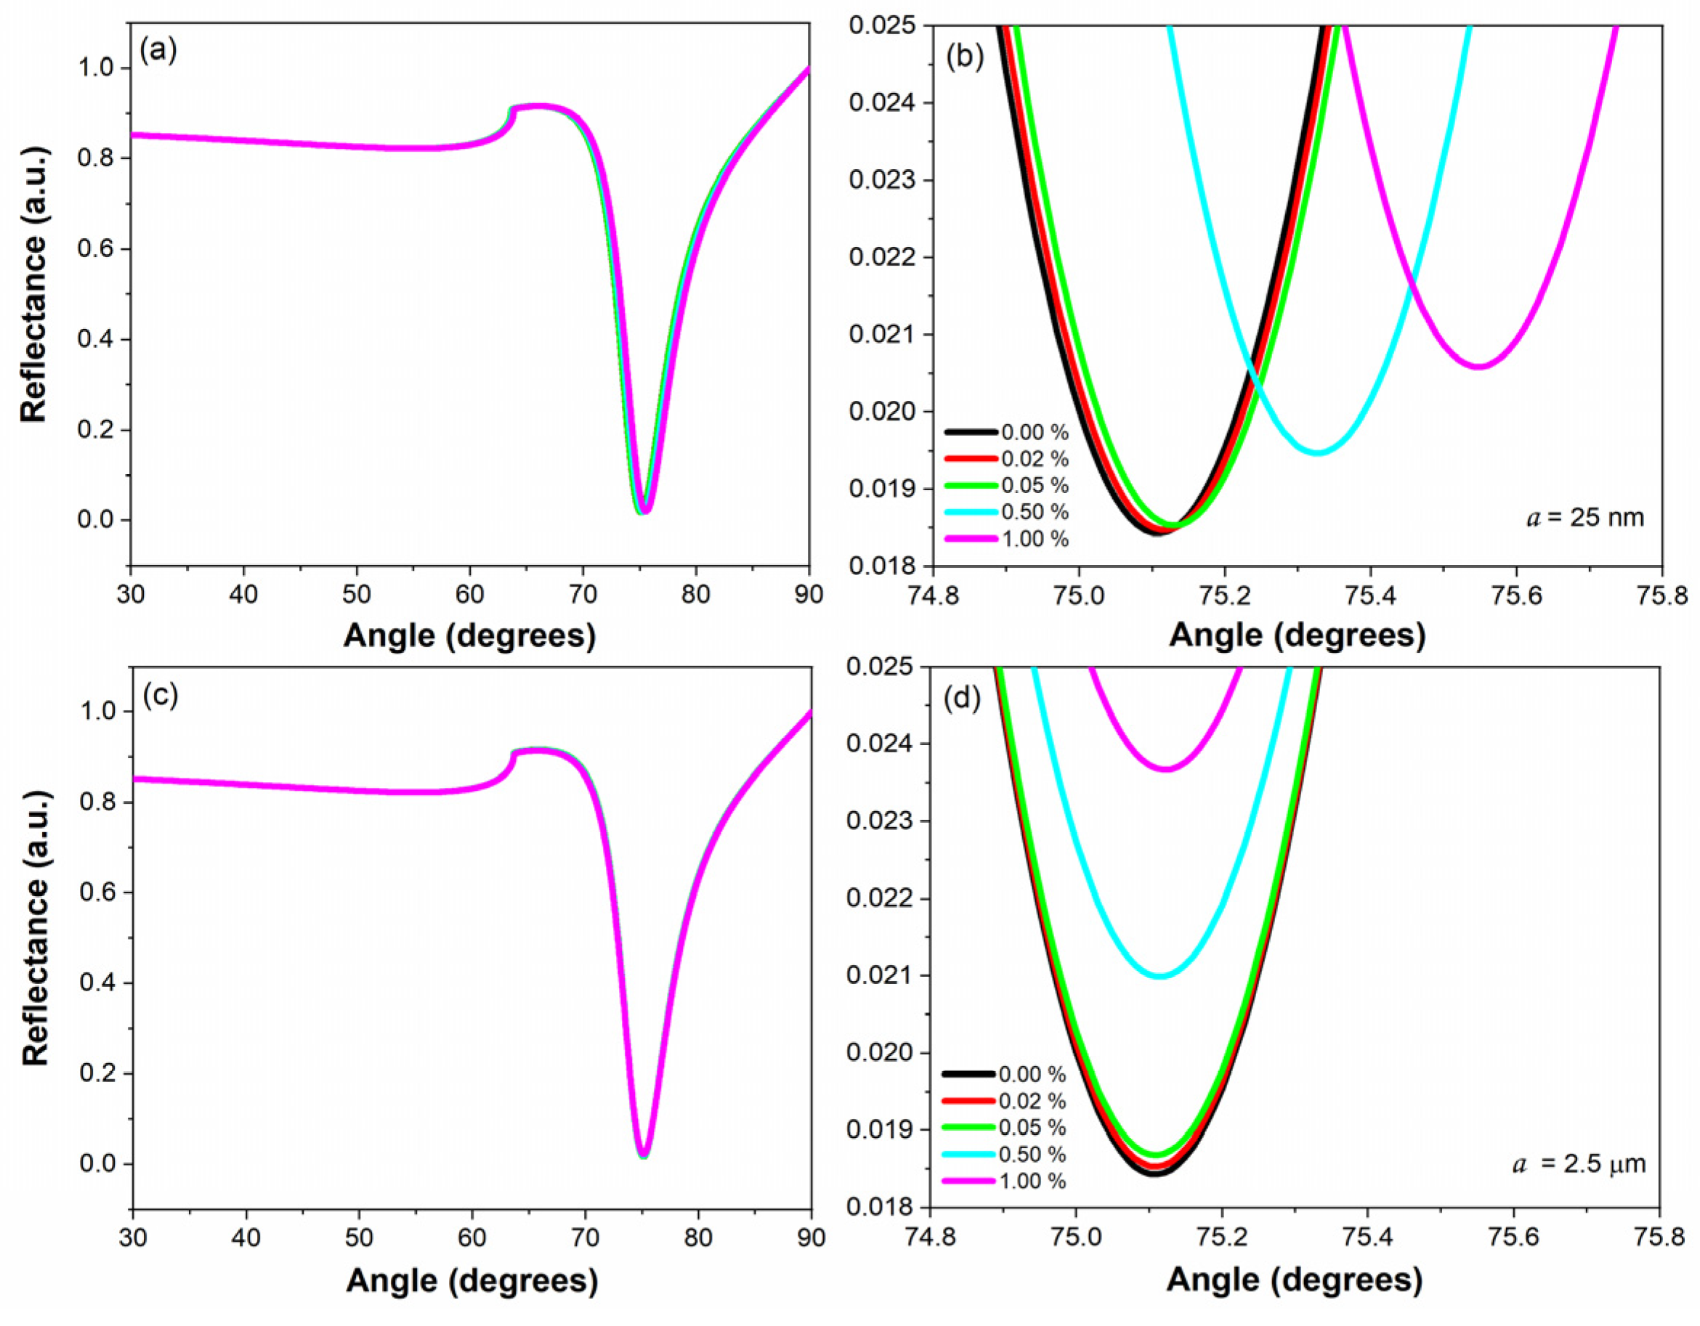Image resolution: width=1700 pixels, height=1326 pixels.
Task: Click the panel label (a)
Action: tap(158, 51)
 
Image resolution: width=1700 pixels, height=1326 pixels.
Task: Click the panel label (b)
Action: tap(965, 57)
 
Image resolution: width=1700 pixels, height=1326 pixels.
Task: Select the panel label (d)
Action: tap(961, 699)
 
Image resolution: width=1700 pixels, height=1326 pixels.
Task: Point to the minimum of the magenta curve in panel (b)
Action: tap(1479, 367)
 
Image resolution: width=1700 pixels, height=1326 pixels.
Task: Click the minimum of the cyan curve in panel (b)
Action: tap(1317, 452)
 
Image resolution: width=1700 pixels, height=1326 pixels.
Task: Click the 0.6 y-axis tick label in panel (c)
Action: tap(96, 892)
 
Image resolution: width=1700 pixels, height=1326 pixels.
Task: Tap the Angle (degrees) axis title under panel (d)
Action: tap(1294, 1280)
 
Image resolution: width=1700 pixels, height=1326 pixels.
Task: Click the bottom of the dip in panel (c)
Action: tap(643, 1155)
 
